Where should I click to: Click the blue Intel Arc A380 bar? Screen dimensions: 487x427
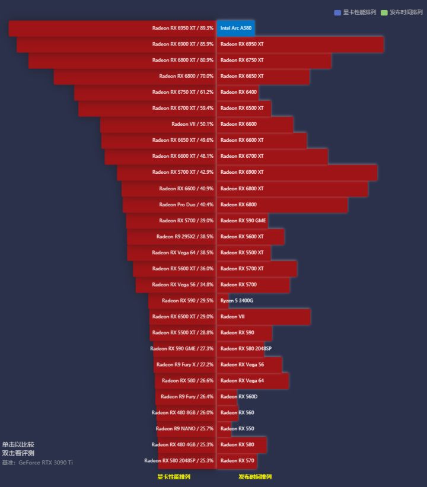[x=235, y=28]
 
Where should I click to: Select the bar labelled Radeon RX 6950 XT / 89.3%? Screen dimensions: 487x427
[x=113, y=28]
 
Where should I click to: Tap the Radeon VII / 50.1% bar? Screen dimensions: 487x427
[x=158, y=124]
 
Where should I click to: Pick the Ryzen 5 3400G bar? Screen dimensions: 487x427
[x=223, y=301]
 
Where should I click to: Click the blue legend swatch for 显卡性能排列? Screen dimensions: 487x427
[x=337, y=12]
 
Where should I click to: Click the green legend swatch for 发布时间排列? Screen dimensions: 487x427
[x=384, y=12]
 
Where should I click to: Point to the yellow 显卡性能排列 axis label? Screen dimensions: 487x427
[x=174, y=476]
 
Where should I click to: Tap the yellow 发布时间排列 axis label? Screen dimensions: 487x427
[x=255, y=476]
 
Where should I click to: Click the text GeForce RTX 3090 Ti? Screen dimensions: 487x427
[x=46, y=462]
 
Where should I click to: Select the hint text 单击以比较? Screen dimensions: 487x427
[x=18, y=444]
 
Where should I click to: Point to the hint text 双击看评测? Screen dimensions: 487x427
[x=18, y=453]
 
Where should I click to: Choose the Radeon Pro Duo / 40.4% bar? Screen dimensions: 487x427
[x=169, y=205]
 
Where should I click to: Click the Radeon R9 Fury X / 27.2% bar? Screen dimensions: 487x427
[x=184, y=365]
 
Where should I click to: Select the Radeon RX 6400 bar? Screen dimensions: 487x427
[x=237, y=92]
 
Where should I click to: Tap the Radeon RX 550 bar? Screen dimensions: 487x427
[x=224, y=428]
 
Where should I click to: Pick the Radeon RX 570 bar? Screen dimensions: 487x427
[x=237, y=460]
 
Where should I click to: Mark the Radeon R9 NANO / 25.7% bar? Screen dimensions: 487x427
[x=186, y=428]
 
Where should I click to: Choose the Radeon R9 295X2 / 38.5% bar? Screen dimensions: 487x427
[x=171, y=237]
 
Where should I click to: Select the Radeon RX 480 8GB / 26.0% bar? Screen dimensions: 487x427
[x=186, y=412]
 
